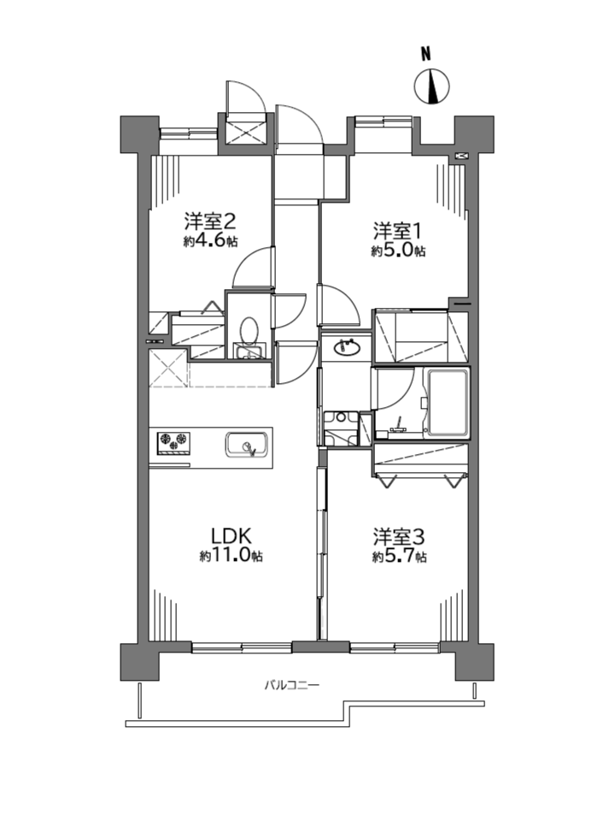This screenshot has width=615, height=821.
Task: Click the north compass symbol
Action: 432,86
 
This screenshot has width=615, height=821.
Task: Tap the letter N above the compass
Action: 427,53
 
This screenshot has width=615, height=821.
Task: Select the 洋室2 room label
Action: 210,222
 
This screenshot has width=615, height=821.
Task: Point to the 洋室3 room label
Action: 399,537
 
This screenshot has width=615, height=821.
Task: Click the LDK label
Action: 231,536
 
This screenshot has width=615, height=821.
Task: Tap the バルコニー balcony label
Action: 291,684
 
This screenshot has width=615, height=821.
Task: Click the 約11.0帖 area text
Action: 231,556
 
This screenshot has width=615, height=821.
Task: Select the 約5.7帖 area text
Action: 399,557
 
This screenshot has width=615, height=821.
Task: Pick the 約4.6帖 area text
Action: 210,241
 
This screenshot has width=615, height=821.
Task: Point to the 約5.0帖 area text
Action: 398,251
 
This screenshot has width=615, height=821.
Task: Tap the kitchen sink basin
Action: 247,445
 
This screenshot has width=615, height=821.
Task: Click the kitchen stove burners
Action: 173,441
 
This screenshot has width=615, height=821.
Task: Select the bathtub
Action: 448,403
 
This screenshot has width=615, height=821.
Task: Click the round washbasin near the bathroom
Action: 347,348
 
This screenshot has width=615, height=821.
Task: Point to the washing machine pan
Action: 341,428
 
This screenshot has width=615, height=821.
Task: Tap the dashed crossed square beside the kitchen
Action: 168,369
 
